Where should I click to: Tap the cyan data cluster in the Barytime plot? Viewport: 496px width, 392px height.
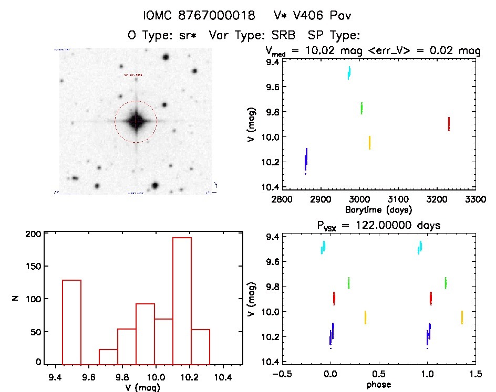[x=349, y=72]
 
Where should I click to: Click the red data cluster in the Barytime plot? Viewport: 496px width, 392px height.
[x=449, y=124]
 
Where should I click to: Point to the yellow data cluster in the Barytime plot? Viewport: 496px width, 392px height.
[x=369, y=142]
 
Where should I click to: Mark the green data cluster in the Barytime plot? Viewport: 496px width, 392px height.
[x=361, y=108]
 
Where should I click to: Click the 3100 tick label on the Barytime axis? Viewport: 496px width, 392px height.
[x=398, y=199]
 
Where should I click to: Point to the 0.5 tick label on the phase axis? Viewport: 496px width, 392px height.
[x=378, y=374]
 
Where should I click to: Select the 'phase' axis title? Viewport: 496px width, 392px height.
[x=378, y=384]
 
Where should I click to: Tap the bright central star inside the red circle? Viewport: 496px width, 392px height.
[x=136, y=121]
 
